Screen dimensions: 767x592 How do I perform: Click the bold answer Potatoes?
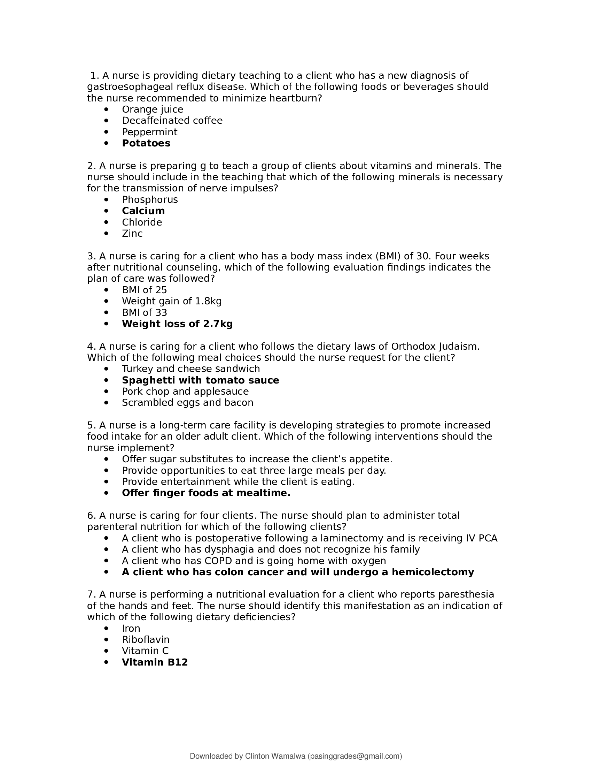tap(146, 143)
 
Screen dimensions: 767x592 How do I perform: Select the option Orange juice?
tap(153, 109)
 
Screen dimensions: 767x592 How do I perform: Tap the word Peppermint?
tap(149, 132)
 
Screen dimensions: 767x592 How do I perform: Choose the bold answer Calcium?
tap(143, 211)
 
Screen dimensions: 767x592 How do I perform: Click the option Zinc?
tap(132, 234)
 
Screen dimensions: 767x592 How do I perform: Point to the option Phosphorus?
tap(150, 200)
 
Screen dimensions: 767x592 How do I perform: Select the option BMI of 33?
tap(145, 313)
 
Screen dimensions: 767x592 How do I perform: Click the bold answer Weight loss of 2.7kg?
tap(177, 324)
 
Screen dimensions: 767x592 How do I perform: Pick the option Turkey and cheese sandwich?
tap(191, 369)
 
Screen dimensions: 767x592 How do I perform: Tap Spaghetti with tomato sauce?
tap(200, 380)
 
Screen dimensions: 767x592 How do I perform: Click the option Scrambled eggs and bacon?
tap(187, 402)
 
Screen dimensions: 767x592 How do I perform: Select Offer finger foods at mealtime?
tap(206, 493)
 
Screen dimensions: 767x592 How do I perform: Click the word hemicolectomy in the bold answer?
tap(433, 572)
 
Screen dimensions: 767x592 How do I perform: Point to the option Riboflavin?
tap(146, 639)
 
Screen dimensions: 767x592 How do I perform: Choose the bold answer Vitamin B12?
tap(155, 662)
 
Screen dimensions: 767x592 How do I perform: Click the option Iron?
tap(131, 628)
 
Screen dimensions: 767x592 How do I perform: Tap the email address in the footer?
tap(355, 756)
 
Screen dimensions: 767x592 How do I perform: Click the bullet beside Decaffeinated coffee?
tap(107, 121)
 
